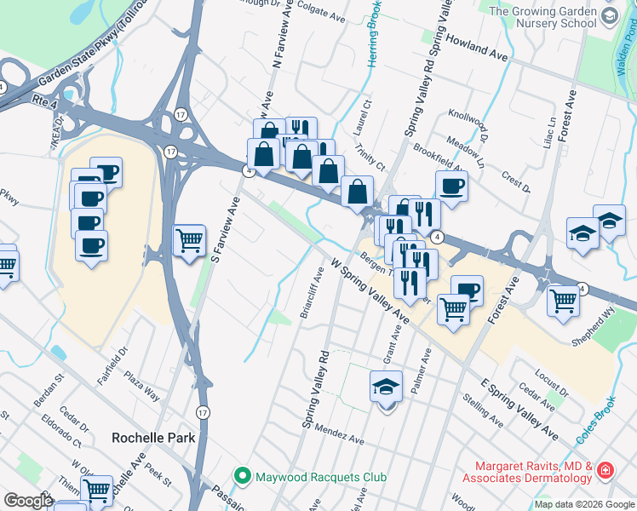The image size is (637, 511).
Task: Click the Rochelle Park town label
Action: coord(153,438)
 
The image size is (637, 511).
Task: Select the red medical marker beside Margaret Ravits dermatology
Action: coord(605,470)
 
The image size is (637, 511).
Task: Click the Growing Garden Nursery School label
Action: coord(554,17)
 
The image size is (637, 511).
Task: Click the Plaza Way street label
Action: coord(141,383)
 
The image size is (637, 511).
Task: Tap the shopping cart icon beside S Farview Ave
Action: coord(189,239)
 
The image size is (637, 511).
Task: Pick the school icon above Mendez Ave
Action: coord(386,387)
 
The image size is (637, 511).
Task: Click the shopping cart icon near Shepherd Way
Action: coord(563,301)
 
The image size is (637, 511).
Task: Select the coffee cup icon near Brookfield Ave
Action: coord(451,186)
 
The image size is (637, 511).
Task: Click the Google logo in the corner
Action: coord(28,500)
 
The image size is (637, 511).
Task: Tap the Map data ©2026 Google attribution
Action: coord(583,504)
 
